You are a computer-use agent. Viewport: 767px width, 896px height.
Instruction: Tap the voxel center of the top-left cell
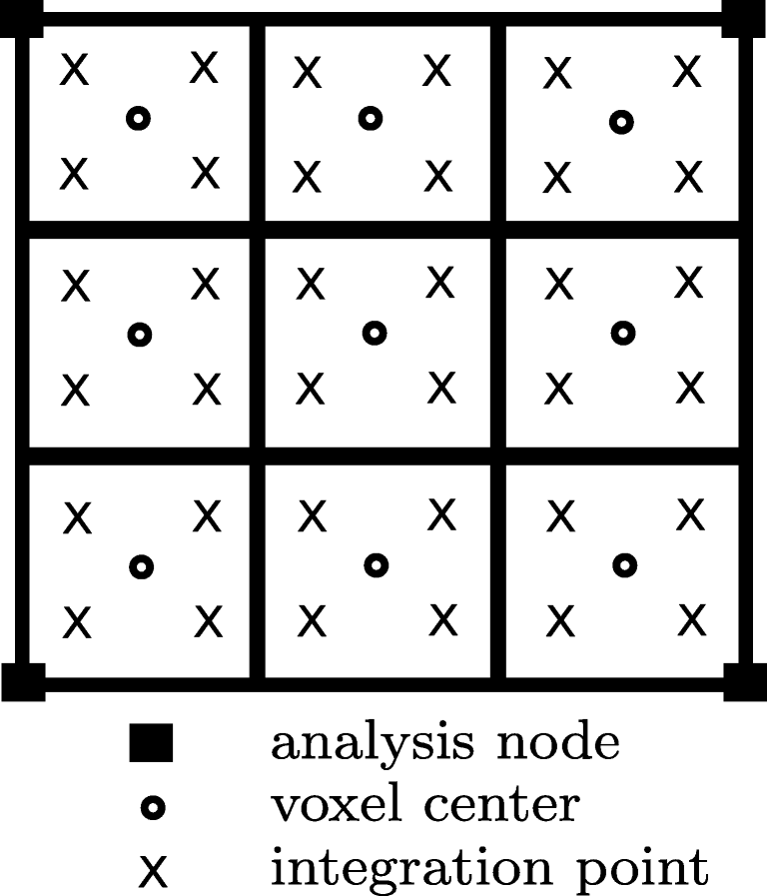139,119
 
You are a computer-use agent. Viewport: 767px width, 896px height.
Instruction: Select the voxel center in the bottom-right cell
624,565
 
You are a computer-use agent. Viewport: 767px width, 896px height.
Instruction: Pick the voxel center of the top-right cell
621,123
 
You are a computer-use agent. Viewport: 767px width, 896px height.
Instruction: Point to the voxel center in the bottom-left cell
142,566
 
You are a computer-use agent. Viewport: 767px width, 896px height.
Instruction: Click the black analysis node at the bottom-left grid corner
23,681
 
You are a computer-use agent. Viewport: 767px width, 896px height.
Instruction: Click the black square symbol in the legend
151,745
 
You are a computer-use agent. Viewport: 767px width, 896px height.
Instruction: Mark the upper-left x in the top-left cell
75,70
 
